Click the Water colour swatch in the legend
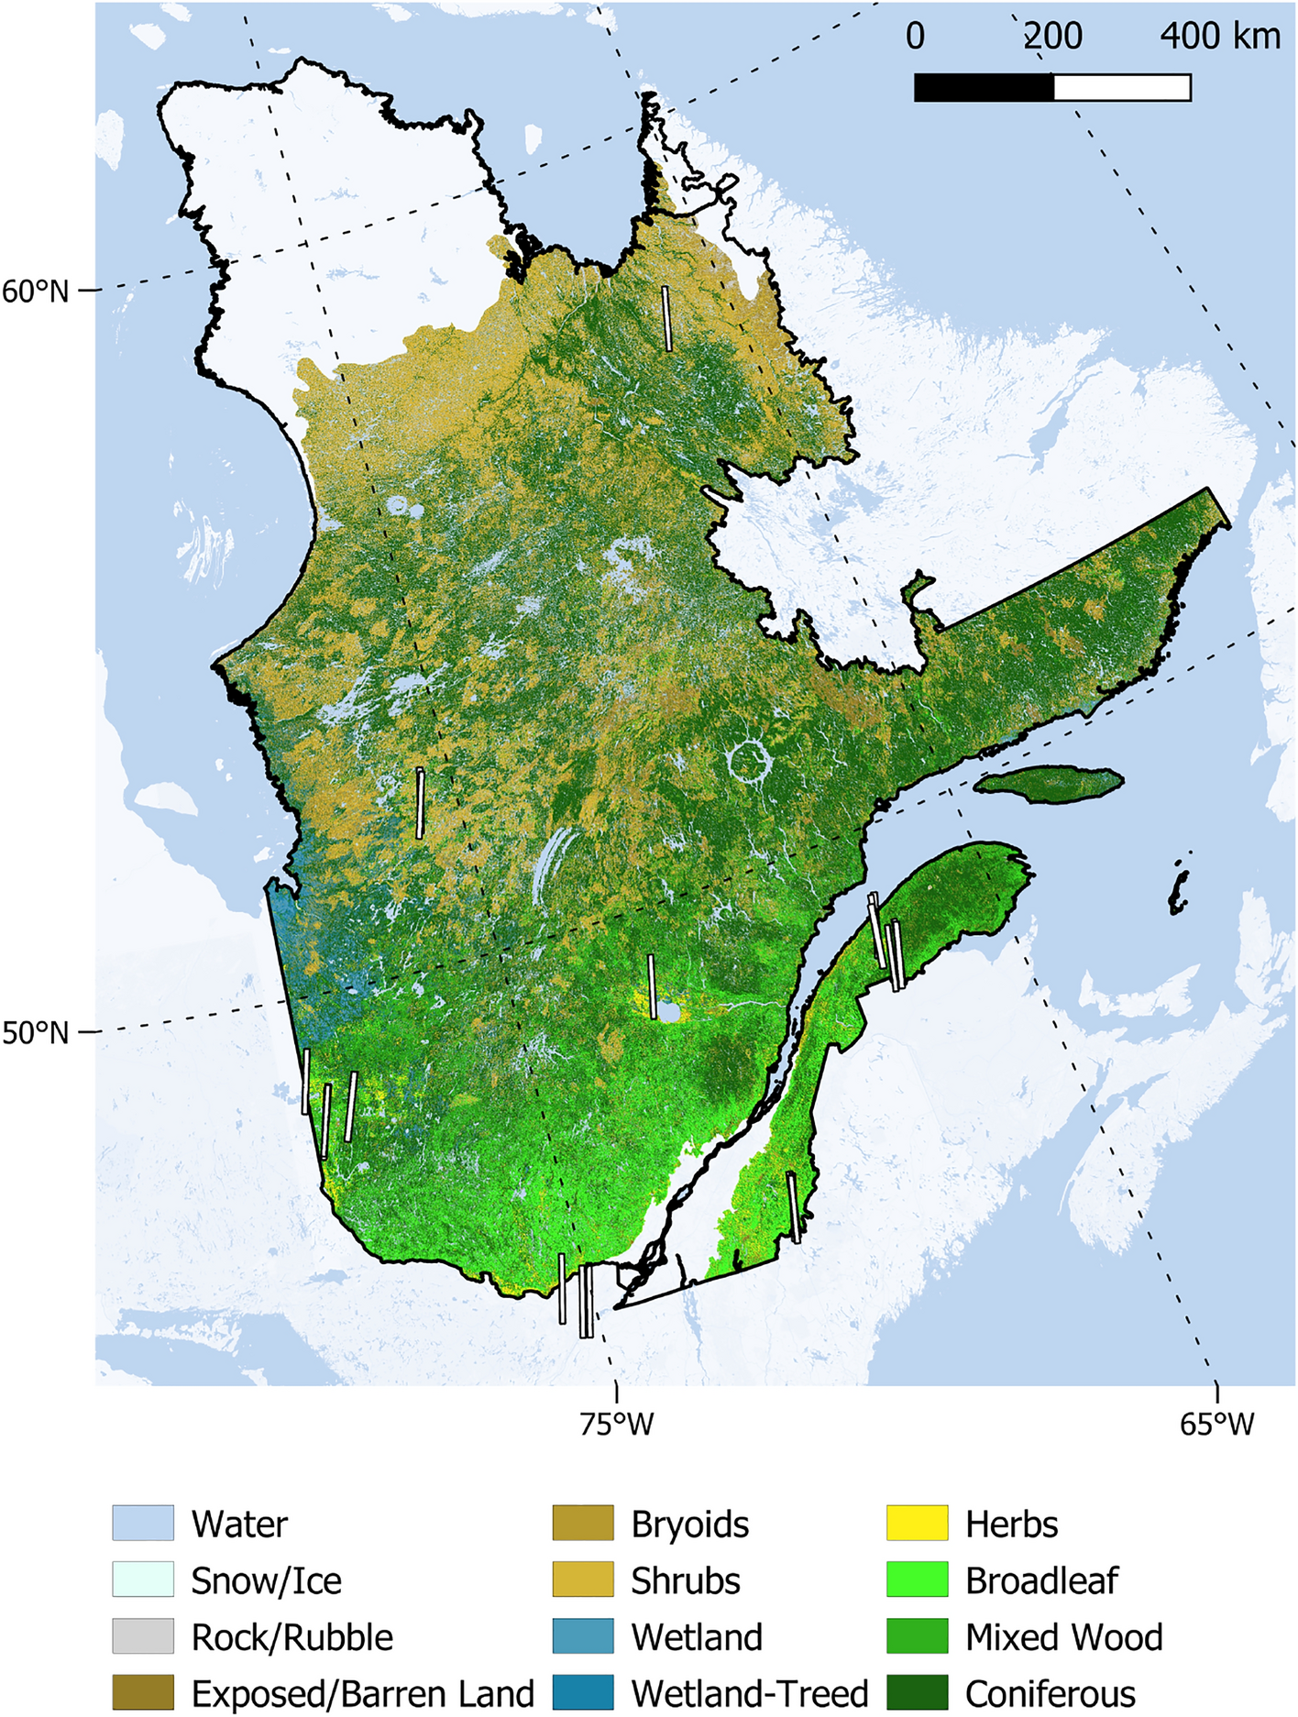coord(143,1523)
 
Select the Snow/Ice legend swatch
coord(143,1579)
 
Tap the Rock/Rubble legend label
coord(291,1636)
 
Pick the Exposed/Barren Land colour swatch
coord(143,1692)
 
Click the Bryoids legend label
coord(689,1524)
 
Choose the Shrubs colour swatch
coord(583,1579)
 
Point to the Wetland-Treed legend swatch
coord(583,1692)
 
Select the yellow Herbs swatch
coord(917,1523)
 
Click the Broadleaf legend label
coord(1041,1580)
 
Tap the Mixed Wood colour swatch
coord(917,1636)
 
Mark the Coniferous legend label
coord(1050,1693)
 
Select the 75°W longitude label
coord(616,1424)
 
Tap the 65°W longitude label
coord(1216,1424)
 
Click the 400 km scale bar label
coord(1219,37)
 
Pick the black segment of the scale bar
coord(984,87)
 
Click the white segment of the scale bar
coord(1122,87)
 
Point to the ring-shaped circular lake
coord(749,762)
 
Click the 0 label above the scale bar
coord(915,37)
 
